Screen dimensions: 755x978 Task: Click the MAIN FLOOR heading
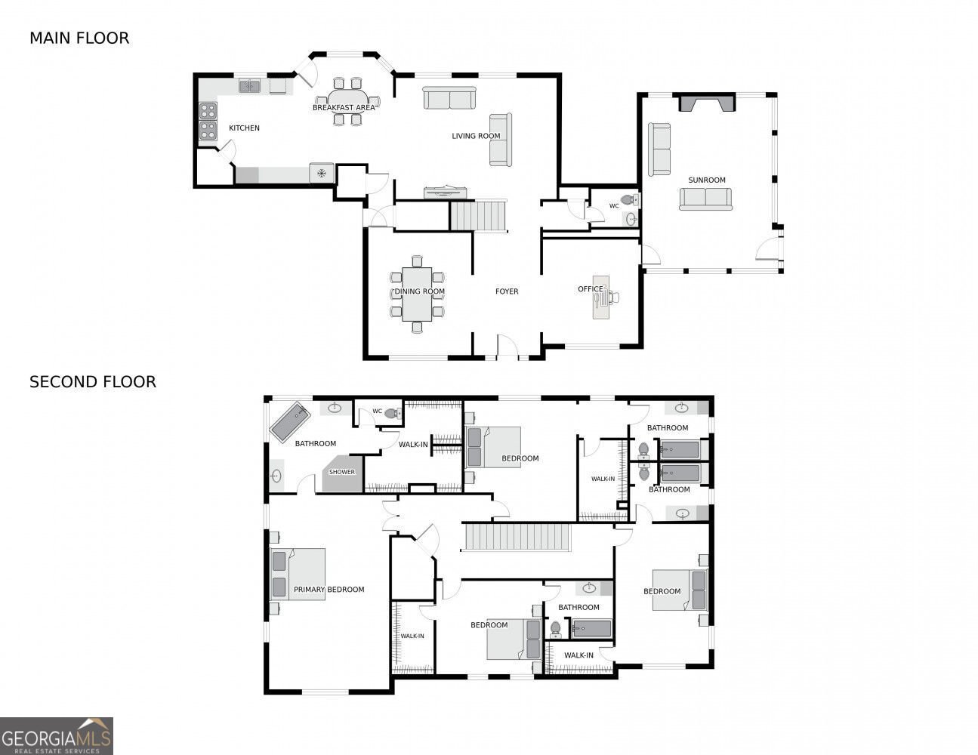pyautogui.click(x=79, y=38)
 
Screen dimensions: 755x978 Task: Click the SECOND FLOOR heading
pyautogui.click(x=93, y=382)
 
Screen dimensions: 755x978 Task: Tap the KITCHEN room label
pyautogui.click(x=244, y=128)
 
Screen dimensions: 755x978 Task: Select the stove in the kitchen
pyautogui.click(x=208, y=123)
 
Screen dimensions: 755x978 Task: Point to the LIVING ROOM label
pyautogui.click(x=476, y=136)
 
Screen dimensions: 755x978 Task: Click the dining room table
pyautogui.click(x=416, y=294)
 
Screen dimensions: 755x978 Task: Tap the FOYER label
pyautogui.click(x=507, y=291)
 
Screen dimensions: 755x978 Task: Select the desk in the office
pyautogui.click(x=601, y=297)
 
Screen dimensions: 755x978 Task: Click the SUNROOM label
pyautogui.click(x=706, y=180)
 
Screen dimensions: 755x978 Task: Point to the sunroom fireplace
pyautogui.click(x=707, y=103)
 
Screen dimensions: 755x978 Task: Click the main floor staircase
pyautogui.click(x=477, y=215)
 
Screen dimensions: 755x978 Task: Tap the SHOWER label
pyautogui.click(x=341, y=472)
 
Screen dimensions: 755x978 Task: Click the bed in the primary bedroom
pyautogui.click(x=298, y=574)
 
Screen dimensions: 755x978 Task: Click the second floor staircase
pyautogui.click(x=517, y=537)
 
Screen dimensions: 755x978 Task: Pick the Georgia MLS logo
pyautogui.click(x=57, y=736)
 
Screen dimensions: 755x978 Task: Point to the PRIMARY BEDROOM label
pyautogui.click(x=329, y=590)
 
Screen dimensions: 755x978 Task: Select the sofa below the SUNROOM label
pyautogui.click(x=705, y=199)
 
